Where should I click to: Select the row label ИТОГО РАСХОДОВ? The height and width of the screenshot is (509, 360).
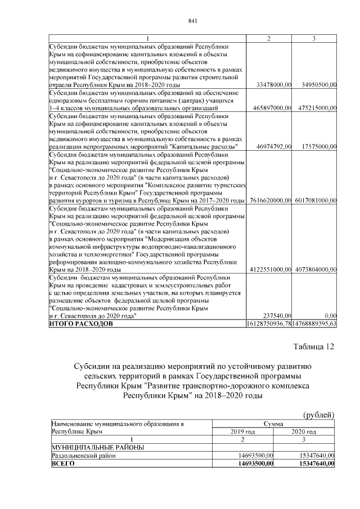click(x=82, y=324)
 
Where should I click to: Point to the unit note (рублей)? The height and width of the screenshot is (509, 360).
click(x=319, y=415)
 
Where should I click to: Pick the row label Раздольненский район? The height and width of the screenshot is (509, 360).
click(x=83, y=456)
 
